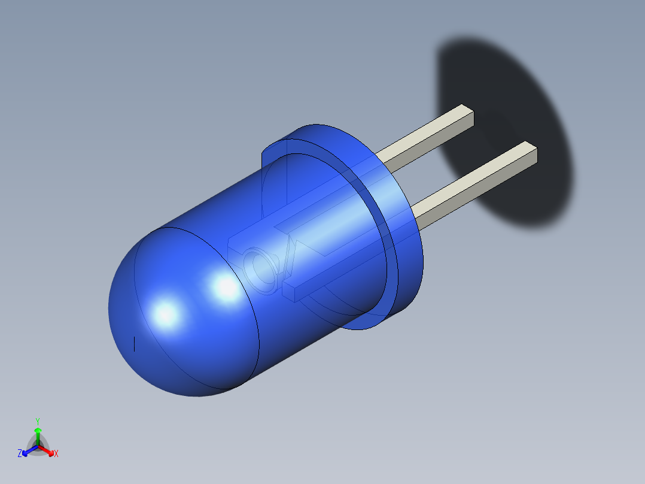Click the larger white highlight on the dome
(165, 314)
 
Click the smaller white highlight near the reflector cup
(227, 288)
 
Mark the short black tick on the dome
(134, 344)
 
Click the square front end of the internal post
(288, 292)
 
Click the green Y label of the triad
(37, 421)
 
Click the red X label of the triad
(56, 454)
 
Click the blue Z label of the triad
(20, 453)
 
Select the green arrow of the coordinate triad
(38, 435)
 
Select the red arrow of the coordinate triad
(47, 449)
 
